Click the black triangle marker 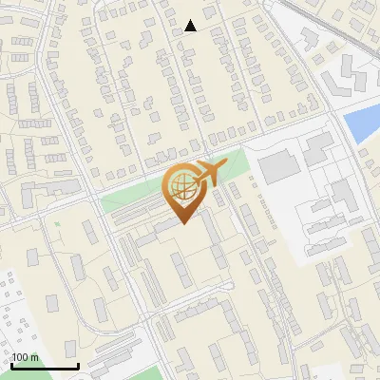click(191, 26)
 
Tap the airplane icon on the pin click(207, 173)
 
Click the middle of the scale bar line click(45, 366)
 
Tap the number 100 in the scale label click(20, 357)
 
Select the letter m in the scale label click(34, 357)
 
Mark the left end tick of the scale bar click(11, 365)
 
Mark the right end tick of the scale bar click(78, 365)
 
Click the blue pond click(361, 124)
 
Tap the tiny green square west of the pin click(56, 223)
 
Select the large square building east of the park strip click(278, 165)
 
